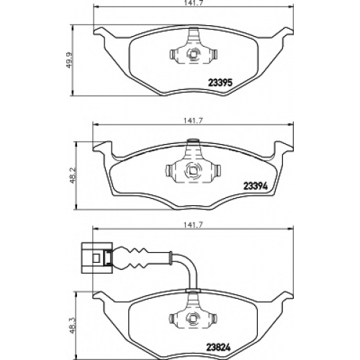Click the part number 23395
point(220,83)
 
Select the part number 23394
point(256,186)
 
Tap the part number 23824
point(218,347)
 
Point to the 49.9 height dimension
point(70,60)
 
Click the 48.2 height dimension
point(73,175)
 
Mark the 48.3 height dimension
point(73,325)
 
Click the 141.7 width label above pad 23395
point(194,3)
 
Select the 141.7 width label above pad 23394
point(194,121)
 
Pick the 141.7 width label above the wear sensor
point(194,225)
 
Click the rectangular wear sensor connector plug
point(96,258)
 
